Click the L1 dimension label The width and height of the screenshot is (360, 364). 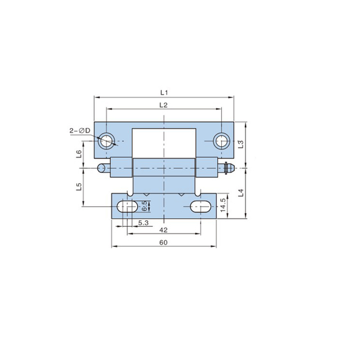pyautogui.click(x=164, y=93)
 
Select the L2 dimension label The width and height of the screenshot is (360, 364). pyautogui.click(x=164, y=105)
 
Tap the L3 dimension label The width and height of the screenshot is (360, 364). pyautogui.click(x=241, y=144)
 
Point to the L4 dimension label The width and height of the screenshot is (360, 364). pyautogui.click(x=241, y=193)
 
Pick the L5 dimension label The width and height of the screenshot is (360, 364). pyautogui.click(x=79, y=187)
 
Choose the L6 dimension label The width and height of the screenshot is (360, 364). pyautogui.click(x=79, y=154)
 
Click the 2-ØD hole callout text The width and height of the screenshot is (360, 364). pyautogui.click(x=80, y=130)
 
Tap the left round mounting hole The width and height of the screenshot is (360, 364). pyautogui.click(x=106, y=141)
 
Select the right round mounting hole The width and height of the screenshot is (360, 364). pyautogui.click(x=222, y=141)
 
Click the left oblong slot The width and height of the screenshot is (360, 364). pyautogui.click(x=127, y=206)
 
